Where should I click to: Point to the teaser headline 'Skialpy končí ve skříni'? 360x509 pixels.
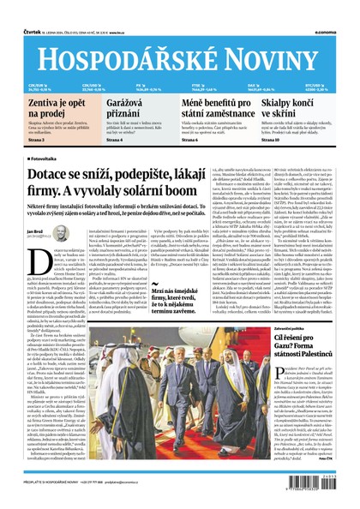point(303,107)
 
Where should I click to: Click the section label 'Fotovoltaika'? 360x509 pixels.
point(50,159)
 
